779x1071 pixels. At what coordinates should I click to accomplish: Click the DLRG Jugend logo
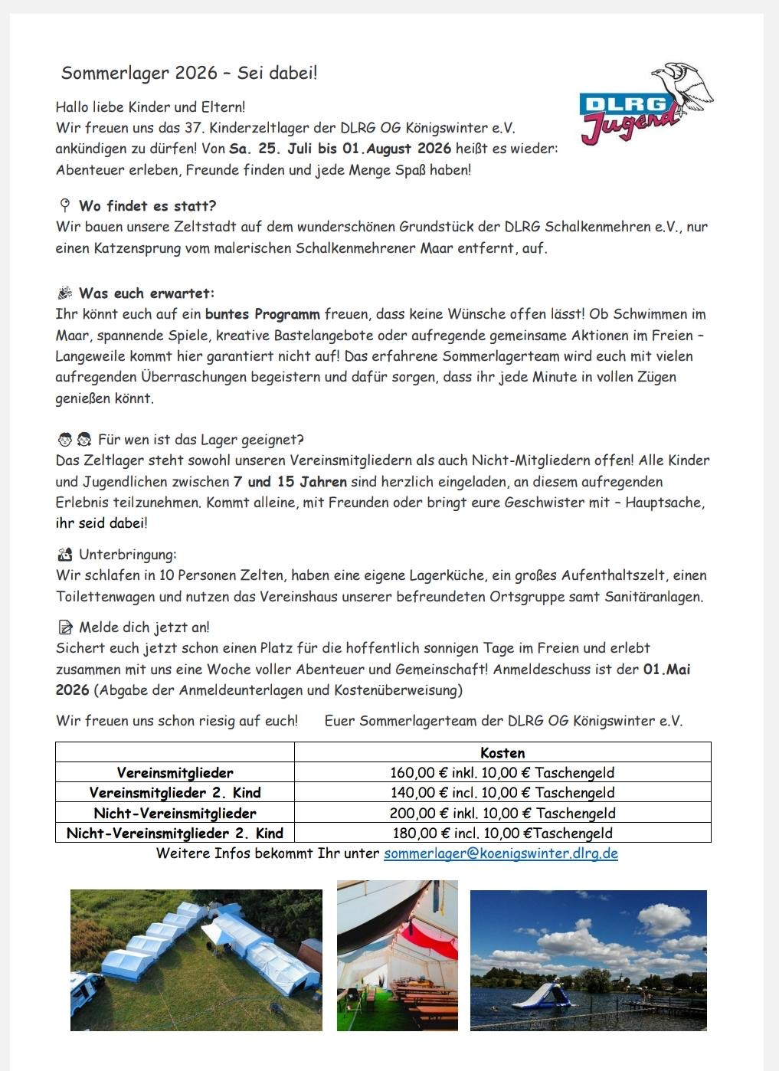point(645,107)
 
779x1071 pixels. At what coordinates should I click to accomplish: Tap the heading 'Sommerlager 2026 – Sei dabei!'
point(188,73)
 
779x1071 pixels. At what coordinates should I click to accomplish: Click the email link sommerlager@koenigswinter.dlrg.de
point(500,853)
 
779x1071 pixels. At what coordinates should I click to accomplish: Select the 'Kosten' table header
point(502,752)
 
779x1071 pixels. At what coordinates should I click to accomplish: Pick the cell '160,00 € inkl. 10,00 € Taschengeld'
point(502,772)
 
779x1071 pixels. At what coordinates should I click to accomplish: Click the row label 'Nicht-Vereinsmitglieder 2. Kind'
point(175,833)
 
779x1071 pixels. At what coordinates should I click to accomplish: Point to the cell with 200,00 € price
point(502,813)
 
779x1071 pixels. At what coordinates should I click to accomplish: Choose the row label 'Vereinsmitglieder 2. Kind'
point(175,792)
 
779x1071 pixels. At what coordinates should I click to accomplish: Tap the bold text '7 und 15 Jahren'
point(290,482)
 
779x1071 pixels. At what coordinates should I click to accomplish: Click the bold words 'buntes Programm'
point(262,314)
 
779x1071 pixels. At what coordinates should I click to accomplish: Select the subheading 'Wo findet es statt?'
point(147,205)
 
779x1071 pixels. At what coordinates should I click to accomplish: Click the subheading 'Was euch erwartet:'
point(146,293)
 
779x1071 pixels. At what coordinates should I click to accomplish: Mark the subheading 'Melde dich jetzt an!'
point(144,627)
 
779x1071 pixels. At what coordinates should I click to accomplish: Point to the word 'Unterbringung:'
point(127,554)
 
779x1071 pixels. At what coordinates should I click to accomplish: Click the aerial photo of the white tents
point(196,959)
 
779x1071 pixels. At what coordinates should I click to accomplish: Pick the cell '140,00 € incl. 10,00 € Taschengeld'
point(502,792)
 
